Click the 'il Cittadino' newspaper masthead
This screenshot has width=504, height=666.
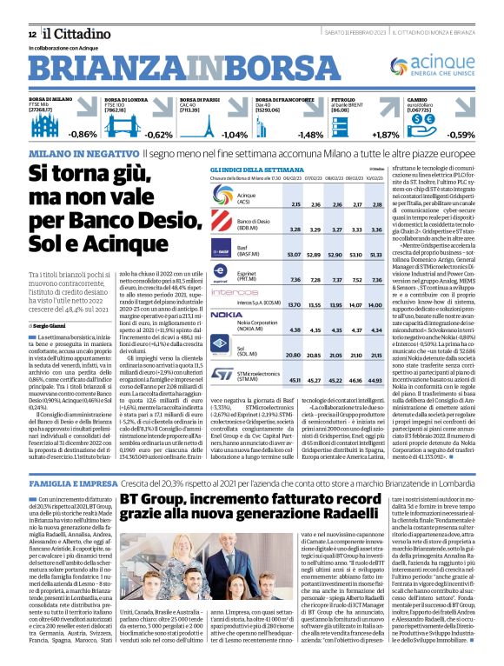(x=68, y=33)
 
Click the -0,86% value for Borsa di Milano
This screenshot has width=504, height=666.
(x=83, y=135)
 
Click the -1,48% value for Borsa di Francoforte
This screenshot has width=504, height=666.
(x=310, y=135)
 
